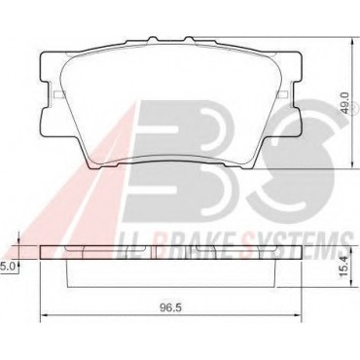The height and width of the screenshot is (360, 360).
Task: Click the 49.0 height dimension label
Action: pyautogui.click(x=345, y=102)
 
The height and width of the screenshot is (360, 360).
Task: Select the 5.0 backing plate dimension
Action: pyautogui.click(x=8, y=267)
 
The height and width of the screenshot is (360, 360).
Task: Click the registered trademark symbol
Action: pyautogui.click(x=354, y=108)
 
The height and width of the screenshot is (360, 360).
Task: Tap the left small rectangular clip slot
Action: pyautogui.click(x=58, y=94)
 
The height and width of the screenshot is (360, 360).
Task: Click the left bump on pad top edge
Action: pyautogui.click(x=153, y=39)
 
